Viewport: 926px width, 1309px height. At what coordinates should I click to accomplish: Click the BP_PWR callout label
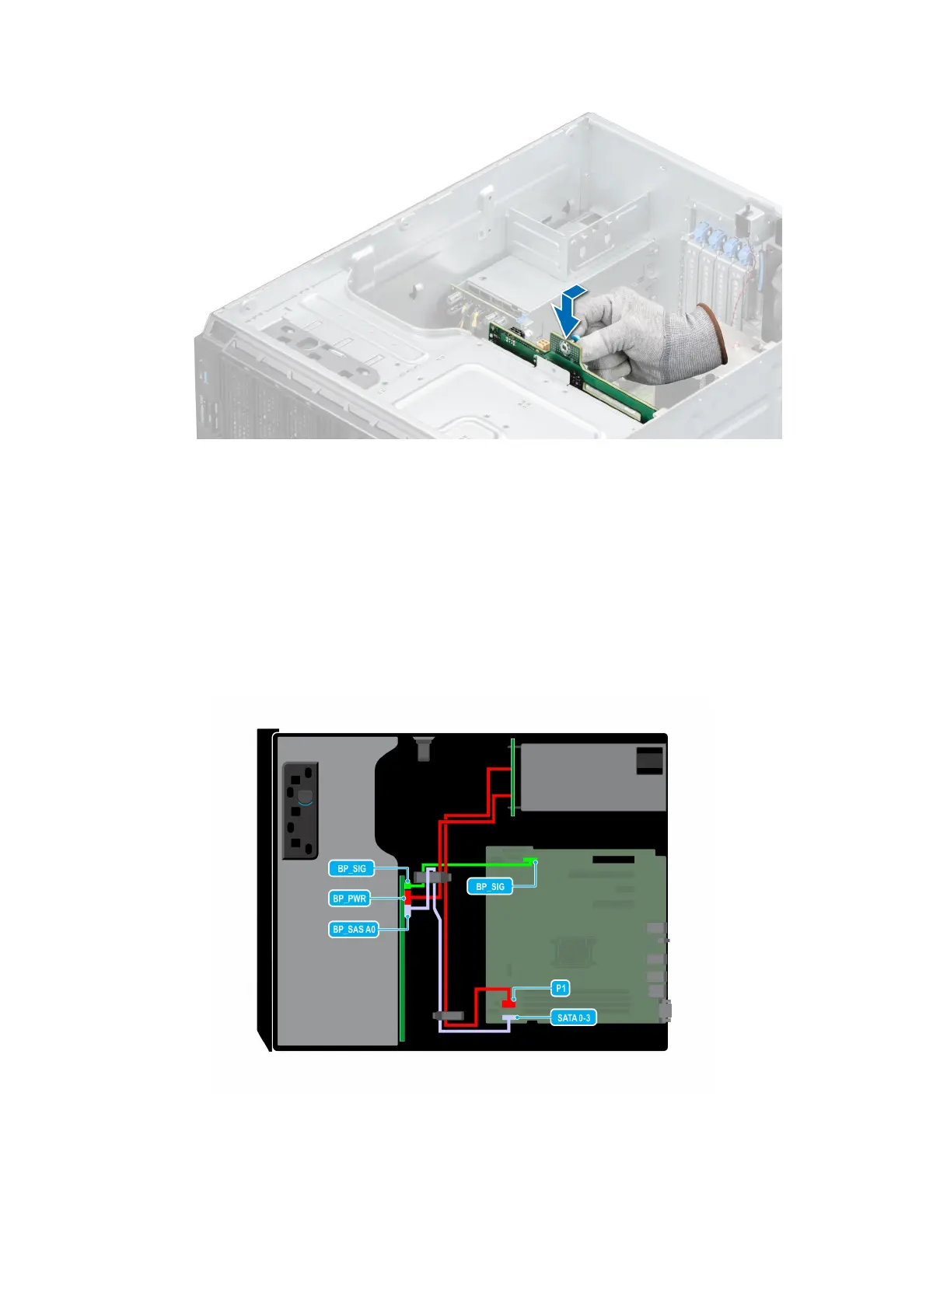(x=349, y=899)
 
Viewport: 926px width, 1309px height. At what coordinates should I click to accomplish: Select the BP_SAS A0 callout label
(x=354, y=929)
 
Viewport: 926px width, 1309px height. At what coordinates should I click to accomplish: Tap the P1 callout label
(x=561, y=988)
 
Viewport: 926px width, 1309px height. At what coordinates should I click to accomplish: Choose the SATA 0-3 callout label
(x=574, y=1018)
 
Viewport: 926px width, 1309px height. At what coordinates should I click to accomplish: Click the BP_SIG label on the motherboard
(x=490, y=886)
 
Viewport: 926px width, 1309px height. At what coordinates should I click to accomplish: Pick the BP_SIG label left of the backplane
(x=351, y=868)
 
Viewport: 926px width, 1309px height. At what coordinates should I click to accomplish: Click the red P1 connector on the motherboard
(x=508, y=1005)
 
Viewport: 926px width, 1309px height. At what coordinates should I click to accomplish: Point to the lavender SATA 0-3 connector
(x=510, y=1017)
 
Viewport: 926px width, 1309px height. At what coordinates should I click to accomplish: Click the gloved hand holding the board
(x=630, y=334)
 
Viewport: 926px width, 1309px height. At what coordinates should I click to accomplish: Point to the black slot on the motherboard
(x=613, y=860)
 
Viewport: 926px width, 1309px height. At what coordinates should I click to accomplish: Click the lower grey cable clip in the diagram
(x=447, y=1015)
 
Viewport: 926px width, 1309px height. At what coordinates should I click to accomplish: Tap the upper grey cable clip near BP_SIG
(x=433, y=878)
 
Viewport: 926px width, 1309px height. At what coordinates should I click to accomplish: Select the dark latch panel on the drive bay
(x=301, y=810)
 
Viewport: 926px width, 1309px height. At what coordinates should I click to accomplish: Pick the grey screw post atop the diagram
(x=423, y=748)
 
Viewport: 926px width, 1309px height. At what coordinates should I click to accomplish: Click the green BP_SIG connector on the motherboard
(x=530, y=860)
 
